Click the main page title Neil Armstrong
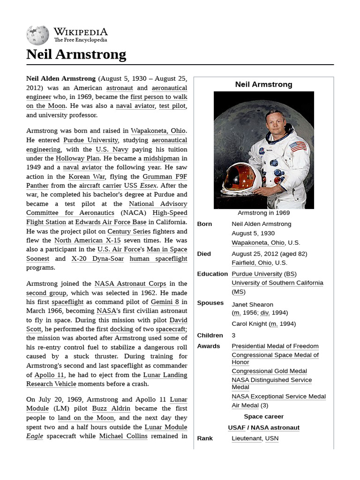(76, 54)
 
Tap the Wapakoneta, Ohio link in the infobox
(258, 243)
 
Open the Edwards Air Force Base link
(111, 222)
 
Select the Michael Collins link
(123, 436)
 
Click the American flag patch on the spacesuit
(298, 146)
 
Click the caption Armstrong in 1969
(264, 213)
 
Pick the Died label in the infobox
(204, 254)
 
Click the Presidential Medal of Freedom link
(275, 346)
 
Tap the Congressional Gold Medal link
(269, 371)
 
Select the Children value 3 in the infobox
(233, 336)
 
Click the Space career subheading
(263, 417)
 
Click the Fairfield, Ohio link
(252, 263)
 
